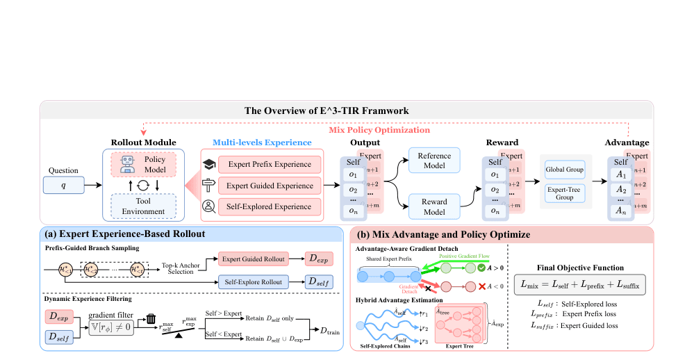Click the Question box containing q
pos(62,185)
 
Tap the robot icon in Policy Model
pos(127,163)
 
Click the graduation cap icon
pos(208,165)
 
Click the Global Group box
pos(565,169)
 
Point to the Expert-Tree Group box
pos(565,193)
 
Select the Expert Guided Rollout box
pos(254,259)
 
